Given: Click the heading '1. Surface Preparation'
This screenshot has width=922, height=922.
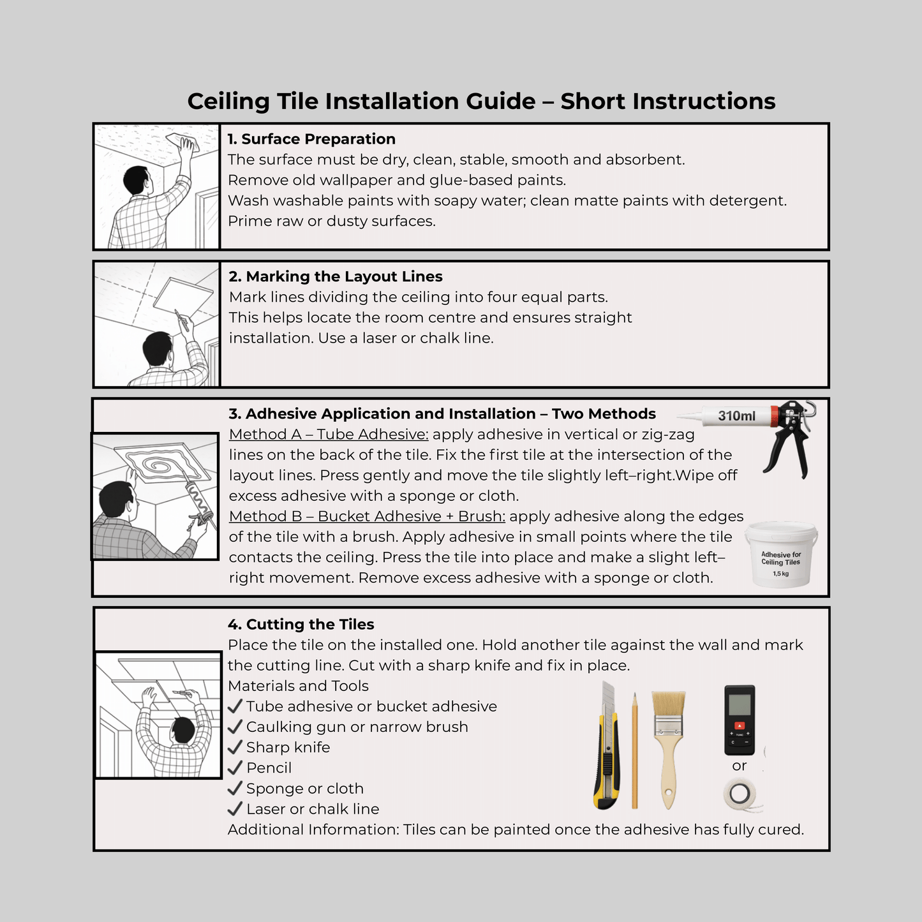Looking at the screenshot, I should point(311,139).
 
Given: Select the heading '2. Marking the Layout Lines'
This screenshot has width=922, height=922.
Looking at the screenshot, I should point(335,276).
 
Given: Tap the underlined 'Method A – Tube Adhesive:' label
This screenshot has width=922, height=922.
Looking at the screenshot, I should point(329,435).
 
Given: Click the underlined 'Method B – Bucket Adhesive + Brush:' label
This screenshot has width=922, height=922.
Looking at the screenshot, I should point(367,516).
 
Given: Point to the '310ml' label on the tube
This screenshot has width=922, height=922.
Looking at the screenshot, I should point(736,416).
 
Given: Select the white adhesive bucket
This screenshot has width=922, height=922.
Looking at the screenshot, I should point(781,555).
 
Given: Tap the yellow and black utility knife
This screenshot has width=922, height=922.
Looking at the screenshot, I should point(607,747).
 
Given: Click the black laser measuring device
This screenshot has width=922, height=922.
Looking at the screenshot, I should point(740,720).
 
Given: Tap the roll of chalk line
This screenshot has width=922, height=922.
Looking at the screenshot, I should point(740,794).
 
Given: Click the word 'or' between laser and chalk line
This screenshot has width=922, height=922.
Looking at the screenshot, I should point(739,766).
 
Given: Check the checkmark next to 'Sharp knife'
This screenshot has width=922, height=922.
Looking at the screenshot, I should point(235,747).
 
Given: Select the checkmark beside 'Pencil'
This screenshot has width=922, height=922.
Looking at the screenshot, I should point(235,768).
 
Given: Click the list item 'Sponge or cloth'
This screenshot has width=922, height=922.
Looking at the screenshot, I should point(304,789).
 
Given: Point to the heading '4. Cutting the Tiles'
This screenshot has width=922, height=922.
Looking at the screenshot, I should point(301,625).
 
